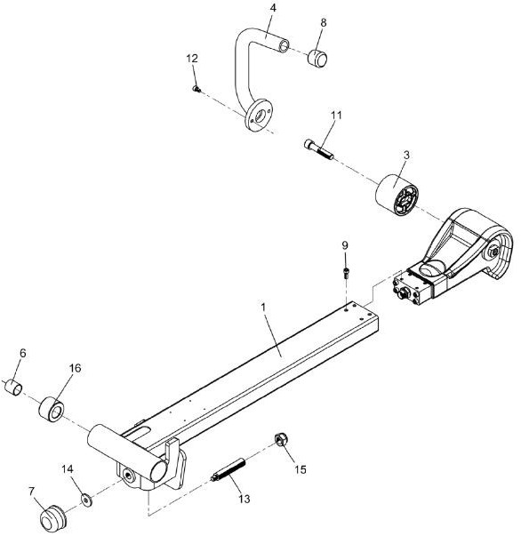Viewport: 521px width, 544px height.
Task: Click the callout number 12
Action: [192, 59]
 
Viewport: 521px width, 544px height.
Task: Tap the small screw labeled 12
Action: [196, 89]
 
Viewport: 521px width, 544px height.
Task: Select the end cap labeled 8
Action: [317, 58]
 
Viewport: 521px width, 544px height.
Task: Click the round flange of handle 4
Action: [258, 116]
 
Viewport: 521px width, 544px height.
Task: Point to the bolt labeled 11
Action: [319, 149]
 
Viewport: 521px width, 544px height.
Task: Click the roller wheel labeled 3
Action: [397, 195]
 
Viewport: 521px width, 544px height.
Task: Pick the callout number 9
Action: [345, 245]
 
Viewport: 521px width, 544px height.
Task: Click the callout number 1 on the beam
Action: [263, 308]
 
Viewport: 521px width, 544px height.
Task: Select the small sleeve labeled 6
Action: [13, 388]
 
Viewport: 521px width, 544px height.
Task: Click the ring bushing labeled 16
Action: [51, 410]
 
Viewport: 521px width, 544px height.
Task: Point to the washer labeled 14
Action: [86, 500]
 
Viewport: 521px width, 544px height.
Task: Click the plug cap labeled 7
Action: [52, 518]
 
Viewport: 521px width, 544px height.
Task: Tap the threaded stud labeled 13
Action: [228, 470]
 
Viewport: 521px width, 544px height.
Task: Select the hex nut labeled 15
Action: [281, 440]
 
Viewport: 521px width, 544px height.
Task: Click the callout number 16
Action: [76, 368]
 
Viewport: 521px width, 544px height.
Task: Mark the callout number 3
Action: [406, 155]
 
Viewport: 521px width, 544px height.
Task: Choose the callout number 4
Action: [273, 8]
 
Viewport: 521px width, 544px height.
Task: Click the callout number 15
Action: [301, 469]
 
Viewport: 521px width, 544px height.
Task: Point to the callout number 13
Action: [244, 499]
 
